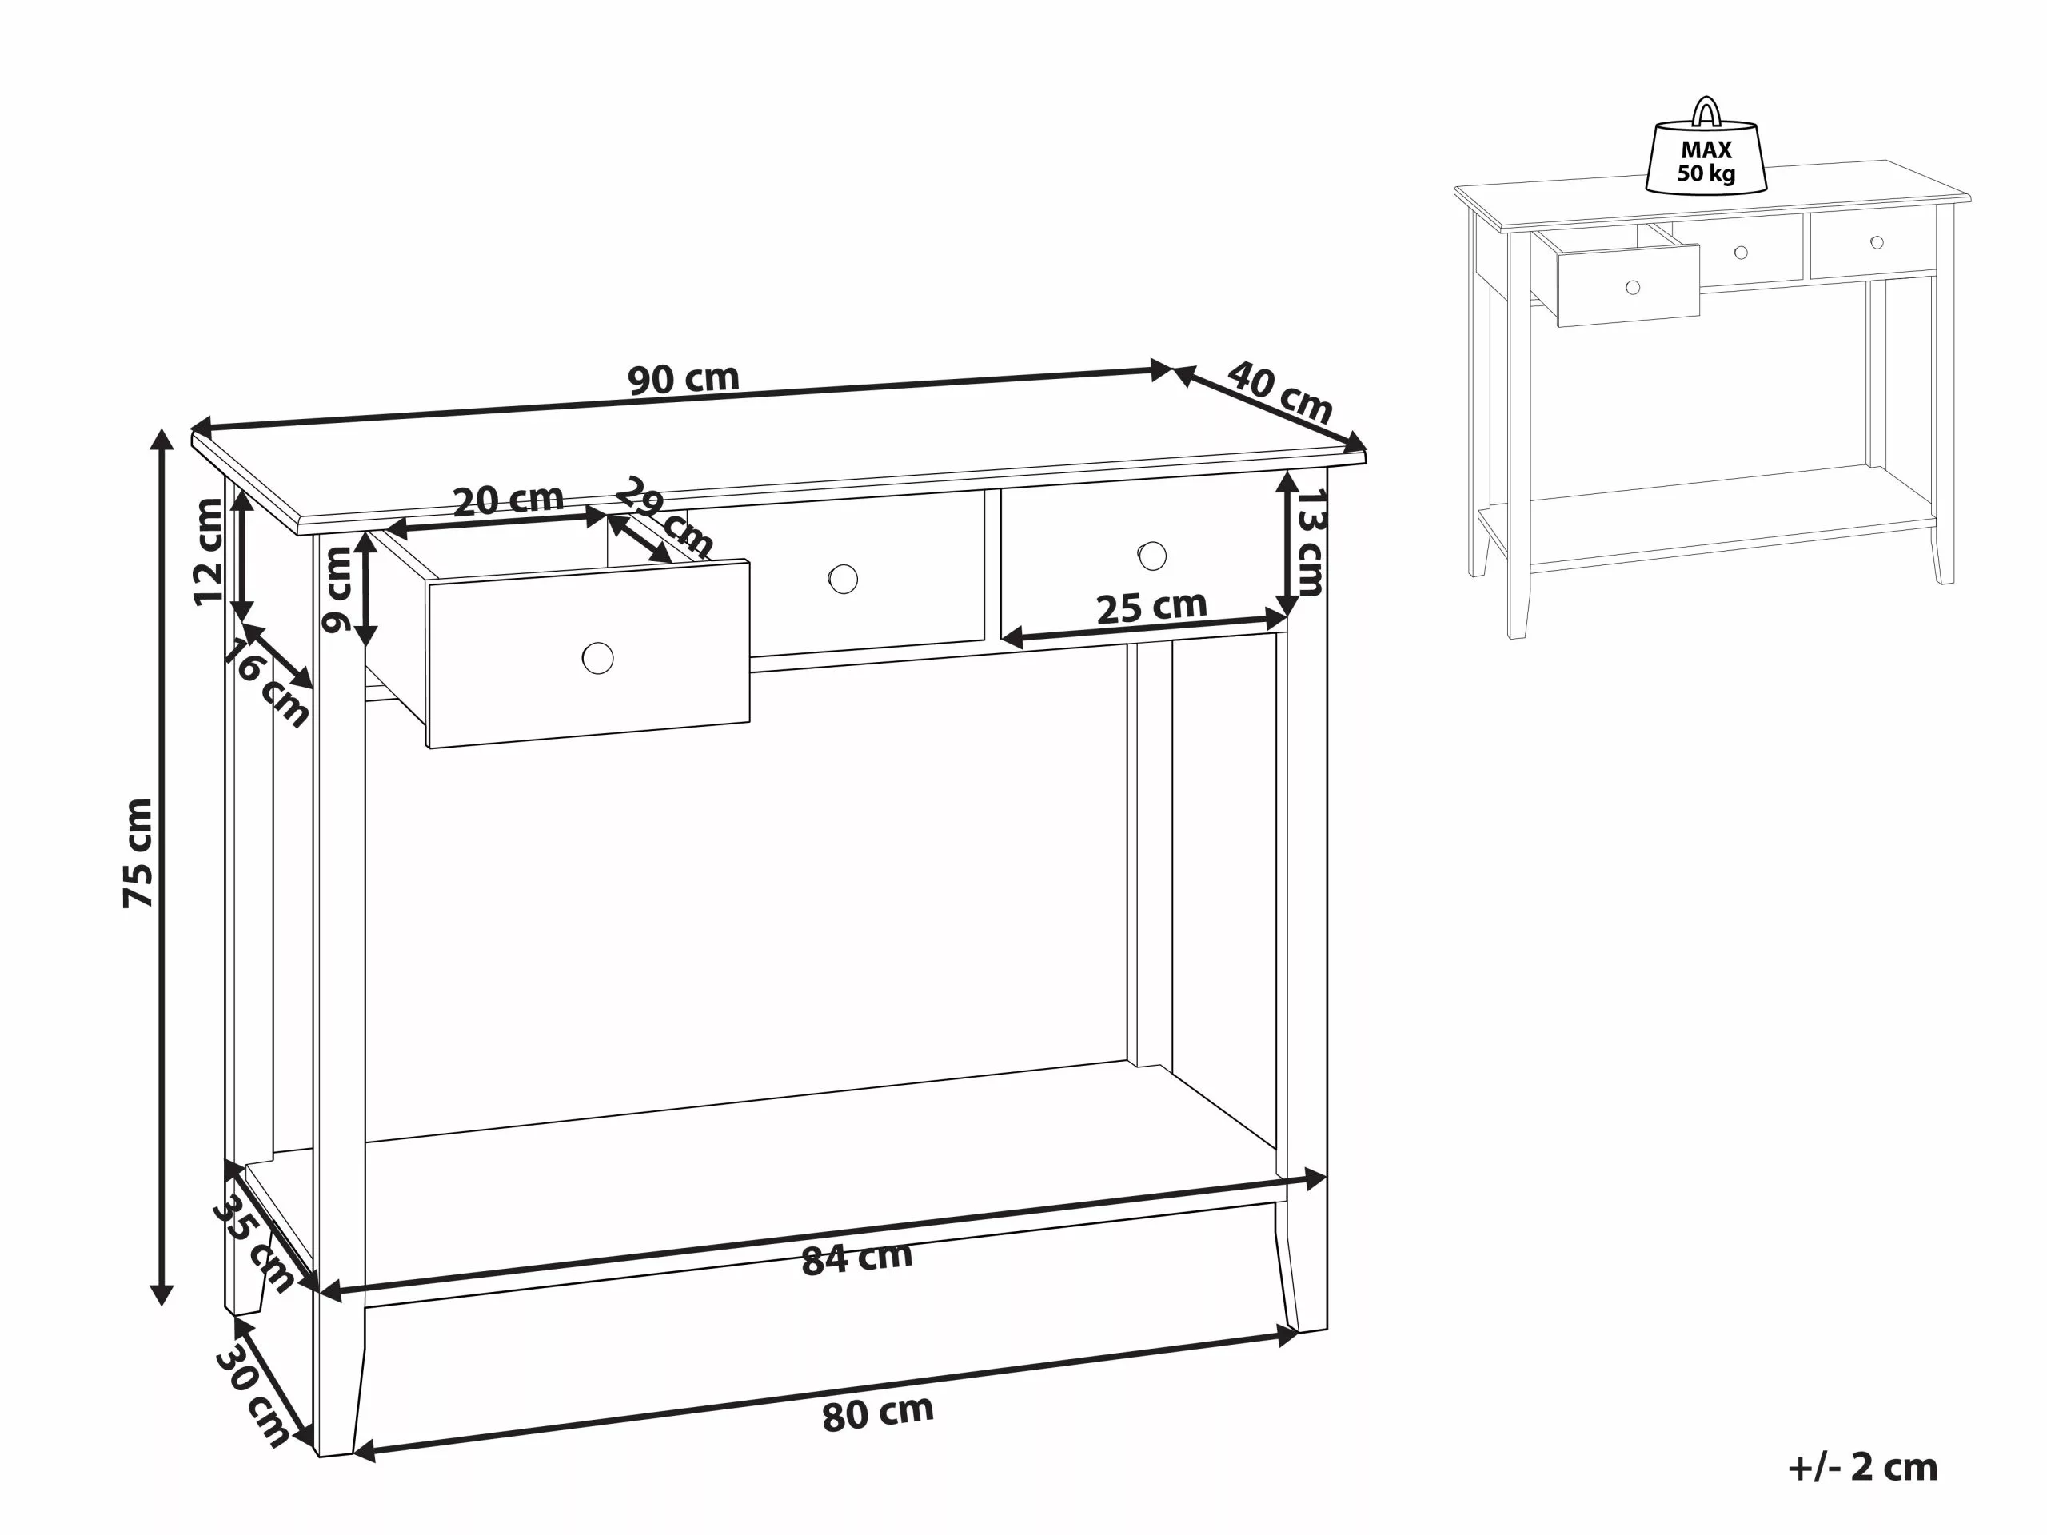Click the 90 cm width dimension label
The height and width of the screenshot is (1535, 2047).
(x=683, y=378)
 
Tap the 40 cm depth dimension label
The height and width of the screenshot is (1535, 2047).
(x=1280, y=392)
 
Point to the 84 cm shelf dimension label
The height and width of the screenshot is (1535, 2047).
(x=857, y=1258)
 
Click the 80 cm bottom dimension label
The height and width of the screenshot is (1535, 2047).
(x=877, y=1413)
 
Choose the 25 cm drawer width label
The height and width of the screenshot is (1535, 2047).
(x=1151, y=607)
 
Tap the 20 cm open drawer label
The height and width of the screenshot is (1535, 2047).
(x=508, y=500)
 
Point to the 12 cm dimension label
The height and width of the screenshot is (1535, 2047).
(x=209, y=552)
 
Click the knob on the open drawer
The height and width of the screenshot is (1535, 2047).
(x=598, y=658)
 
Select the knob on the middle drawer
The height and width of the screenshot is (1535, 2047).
(x=843, y=579)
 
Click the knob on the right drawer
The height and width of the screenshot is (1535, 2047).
(x=1152, y=556)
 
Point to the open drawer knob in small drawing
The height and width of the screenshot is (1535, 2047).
(x=1633, y=287)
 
